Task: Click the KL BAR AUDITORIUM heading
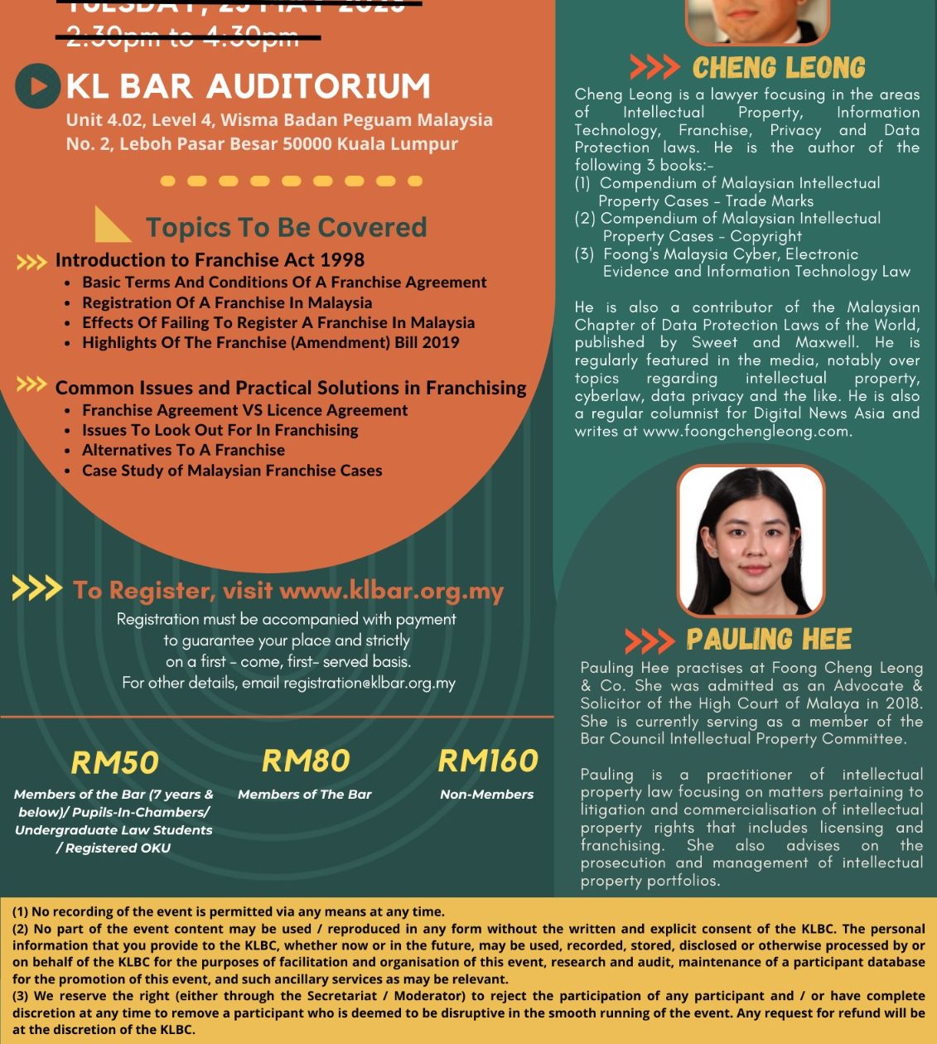248,86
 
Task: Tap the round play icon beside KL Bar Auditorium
38,85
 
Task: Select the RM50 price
114,762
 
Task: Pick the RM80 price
306,761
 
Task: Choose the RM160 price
488,761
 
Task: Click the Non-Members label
486,795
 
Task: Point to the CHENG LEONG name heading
779,68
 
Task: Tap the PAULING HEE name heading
769,640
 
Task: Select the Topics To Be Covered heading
286,227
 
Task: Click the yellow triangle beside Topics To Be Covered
111,224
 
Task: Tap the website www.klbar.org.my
392,591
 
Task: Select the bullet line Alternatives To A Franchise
183,450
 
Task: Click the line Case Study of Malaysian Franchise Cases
232,471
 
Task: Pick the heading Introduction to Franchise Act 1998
210,260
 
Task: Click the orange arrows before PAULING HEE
650,640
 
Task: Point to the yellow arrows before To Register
36,589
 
